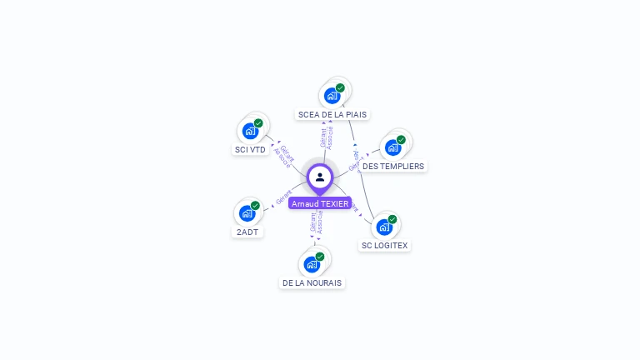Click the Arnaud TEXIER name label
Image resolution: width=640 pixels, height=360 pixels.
320,203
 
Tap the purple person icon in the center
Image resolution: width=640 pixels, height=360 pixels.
320,177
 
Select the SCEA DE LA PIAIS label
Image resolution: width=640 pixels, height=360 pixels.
332,114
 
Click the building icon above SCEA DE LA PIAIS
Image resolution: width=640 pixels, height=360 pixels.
332,95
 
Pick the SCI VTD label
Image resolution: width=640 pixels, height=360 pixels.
250,150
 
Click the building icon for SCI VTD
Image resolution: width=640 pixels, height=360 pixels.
250,131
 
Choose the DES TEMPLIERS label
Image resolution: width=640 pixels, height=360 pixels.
393,166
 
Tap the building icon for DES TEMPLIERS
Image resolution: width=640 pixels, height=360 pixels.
392,147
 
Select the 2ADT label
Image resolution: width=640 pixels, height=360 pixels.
247,232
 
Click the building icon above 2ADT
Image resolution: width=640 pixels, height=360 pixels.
247,213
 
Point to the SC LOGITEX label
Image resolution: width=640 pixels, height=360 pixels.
385,245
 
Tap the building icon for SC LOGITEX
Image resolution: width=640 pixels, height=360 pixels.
384,227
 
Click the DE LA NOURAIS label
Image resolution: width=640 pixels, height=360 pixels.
312,282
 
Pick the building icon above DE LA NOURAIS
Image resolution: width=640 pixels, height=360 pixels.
312,264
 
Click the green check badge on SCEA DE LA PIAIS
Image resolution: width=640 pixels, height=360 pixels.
340,87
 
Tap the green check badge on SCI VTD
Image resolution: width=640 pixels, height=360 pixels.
258,123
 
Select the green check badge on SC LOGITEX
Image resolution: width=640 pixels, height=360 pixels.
392,219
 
